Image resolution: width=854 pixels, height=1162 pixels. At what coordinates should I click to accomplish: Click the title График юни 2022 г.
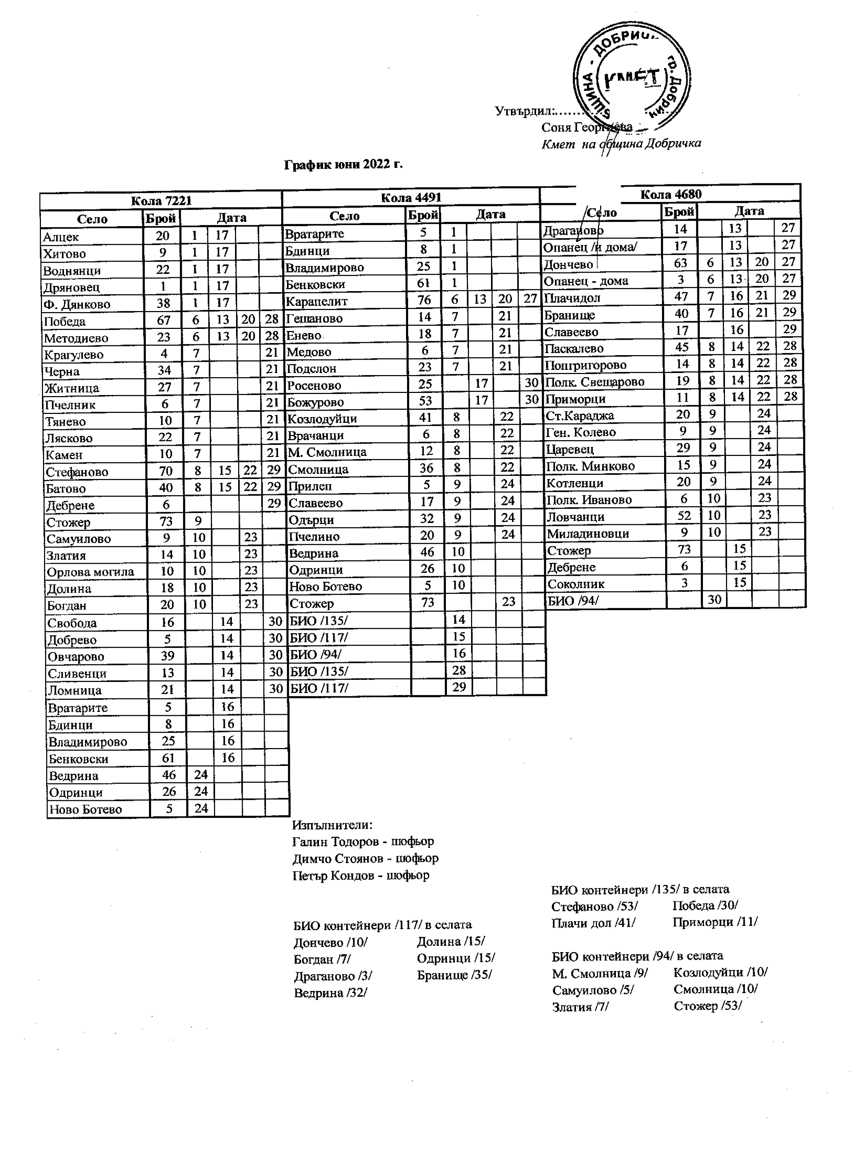click(x=343, y=165)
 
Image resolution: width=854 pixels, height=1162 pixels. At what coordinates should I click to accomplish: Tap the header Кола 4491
click(x=411, y=198)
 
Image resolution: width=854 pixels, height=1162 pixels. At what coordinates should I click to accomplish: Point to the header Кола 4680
click(x=670, y=195)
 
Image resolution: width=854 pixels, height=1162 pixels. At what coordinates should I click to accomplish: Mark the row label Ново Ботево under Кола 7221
click(x=85, y=809)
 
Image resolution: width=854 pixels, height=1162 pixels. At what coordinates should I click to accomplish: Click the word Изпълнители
click(x=332, y=825)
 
